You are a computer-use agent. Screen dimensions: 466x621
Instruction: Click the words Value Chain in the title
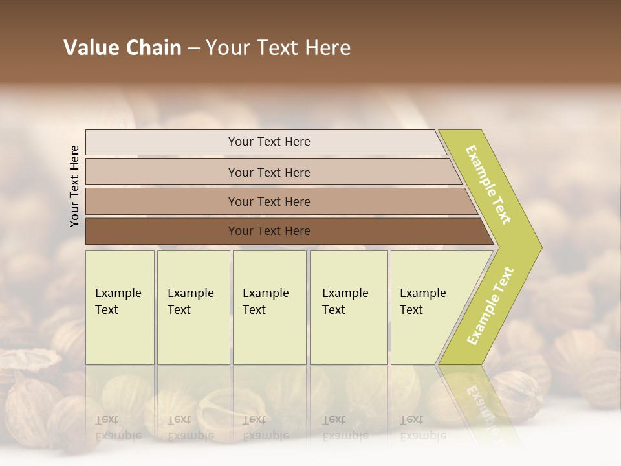pos(122,48)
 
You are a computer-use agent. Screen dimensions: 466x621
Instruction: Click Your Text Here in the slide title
pos(278,48)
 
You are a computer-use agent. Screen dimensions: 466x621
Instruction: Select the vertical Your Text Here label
pos(74,186)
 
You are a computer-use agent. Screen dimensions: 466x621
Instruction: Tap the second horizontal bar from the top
pos(269,172)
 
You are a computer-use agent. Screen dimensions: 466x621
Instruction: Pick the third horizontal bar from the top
pos(269,201)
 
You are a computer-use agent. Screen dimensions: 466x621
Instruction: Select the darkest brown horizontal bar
pos(269,231)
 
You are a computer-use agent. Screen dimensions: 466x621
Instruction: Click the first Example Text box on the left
pos(120,307)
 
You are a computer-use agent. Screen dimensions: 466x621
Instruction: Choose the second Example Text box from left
pos(193,307)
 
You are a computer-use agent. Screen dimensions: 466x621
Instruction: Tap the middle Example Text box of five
pos(269,307)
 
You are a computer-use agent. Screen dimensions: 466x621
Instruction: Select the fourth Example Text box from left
pos(348,307)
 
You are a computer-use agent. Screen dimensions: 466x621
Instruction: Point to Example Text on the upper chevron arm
pos(489,184)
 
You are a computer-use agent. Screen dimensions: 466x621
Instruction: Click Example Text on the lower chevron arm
pos(490,306)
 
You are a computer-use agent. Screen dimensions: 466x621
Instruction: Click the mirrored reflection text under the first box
pos(118,427)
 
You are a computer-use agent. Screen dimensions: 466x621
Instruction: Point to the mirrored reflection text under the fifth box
pos(422,427)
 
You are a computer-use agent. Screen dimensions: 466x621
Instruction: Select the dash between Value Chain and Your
pos(193,49)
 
